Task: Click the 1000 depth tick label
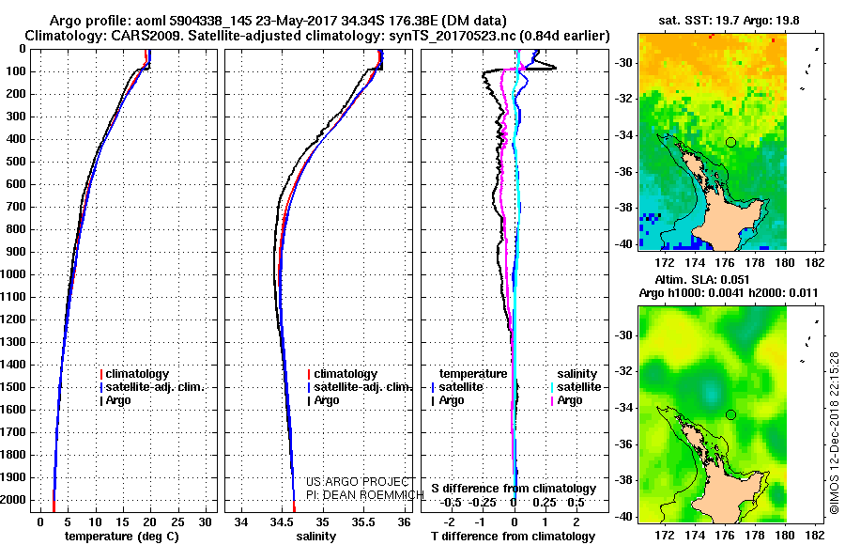tap(14, 274)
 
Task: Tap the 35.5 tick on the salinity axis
tap(363, 522)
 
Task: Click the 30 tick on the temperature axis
tap(207, 522)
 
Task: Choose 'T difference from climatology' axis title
tap(513, 537)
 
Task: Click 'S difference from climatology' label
tap(513, 489)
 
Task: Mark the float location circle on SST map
tap(730, 142)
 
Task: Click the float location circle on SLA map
tap(730, 414)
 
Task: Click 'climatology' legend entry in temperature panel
tap(138, 374)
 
